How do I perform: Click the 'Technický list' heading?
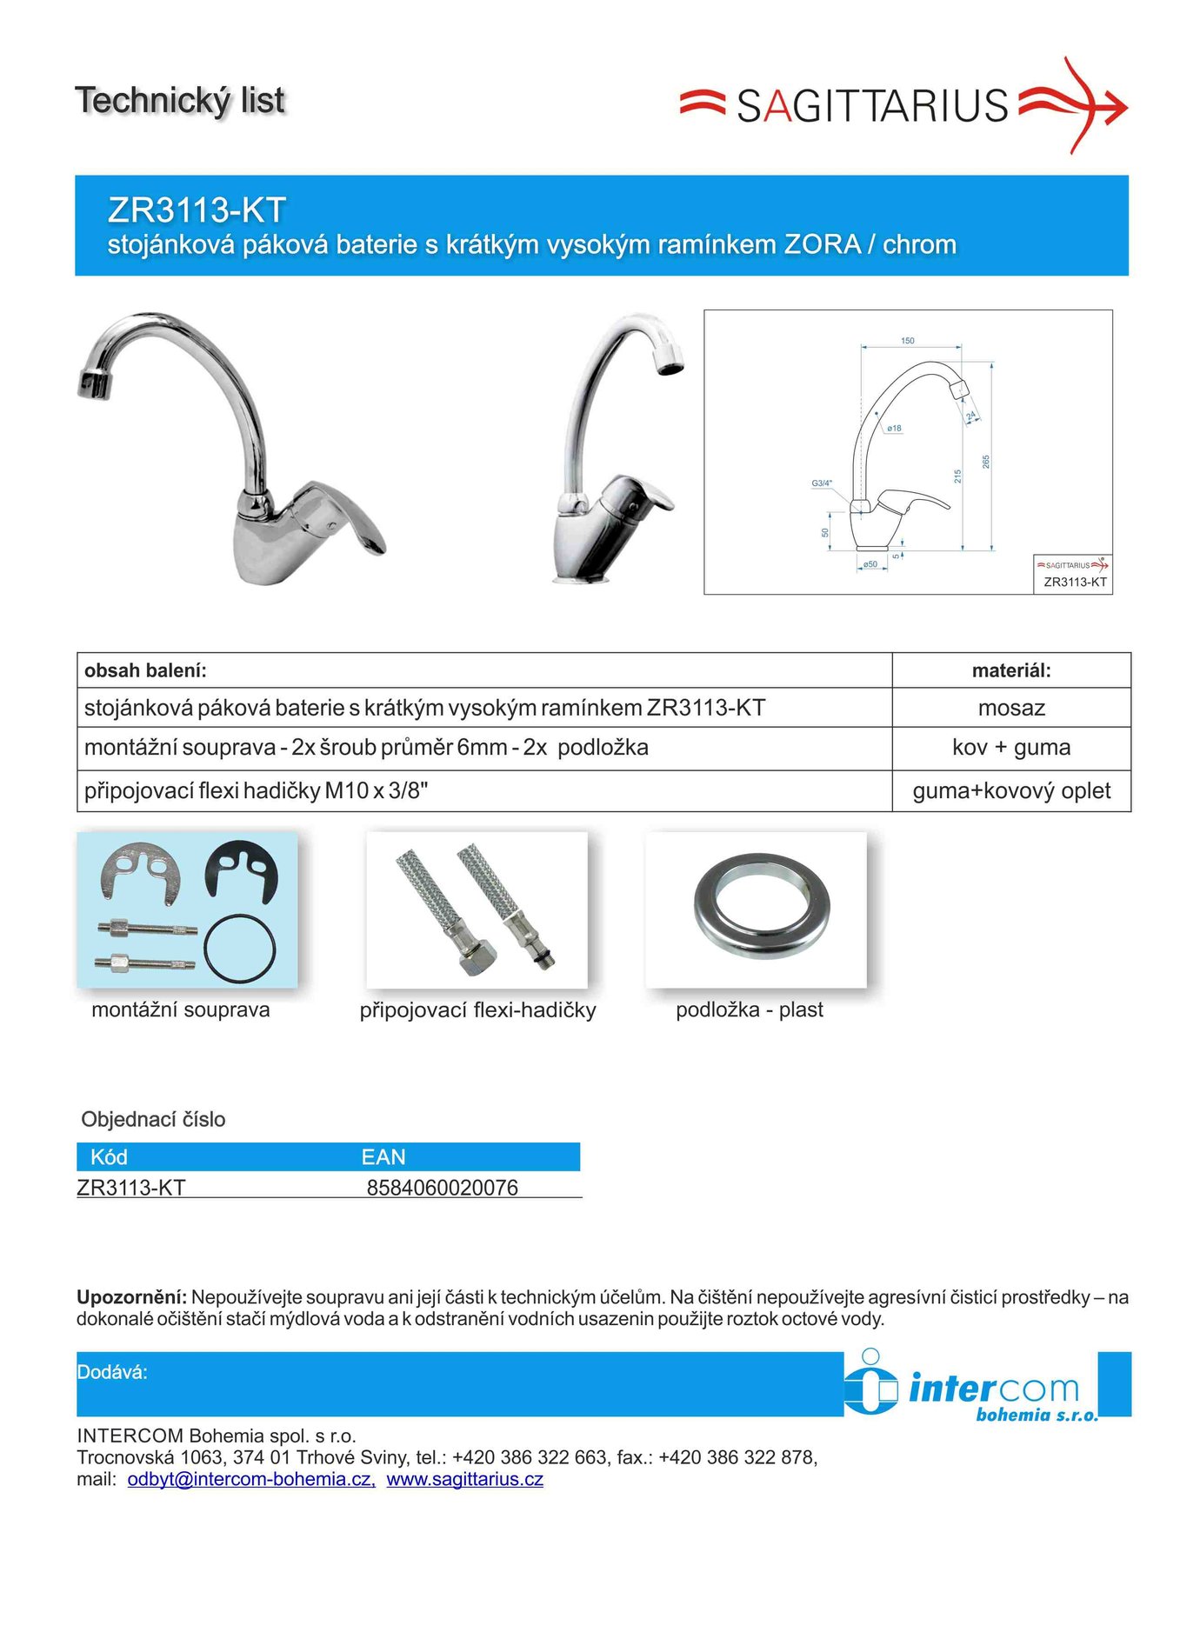(x=180, y=101)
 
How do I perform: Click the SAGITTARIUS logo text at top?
(x=872, y=106)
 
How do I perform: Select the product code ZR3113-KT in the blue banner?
(x=197, y=210)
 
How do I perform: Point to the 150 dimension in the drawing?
(x=908, y=341)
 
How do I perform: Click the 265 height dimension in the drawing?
(x=986, y=462)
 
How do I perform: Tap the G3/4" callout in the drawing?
(x=822, y=483)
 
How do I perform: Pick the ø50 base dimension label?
(x=870, y=565)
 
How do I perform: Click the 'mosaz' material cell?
(x=1011, y=708)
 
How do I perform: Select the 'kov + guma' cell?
(x=1011, y=748)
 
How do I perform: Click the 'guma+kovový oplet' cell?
(x=1011, y=791)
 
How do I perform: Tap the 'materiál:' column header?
(x=1011, y=670)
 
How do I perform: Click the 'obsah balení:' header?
(x=145, y=670)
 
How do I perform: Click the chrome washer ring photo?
(x=762, y=908)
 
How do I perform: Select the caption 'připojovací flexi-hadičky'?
(x=477, y=1010)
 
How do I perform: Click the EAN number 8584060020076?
(x=442, y=1188)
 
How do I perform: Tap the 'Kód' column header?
(x=109, y=1157)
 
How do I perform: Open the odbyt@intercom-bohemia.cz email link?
(x=251, y=1479)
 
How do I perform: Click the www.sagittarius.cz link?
(x=464, y=1479)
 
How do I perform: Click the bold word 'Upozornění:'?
(x=131, y=1297)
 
